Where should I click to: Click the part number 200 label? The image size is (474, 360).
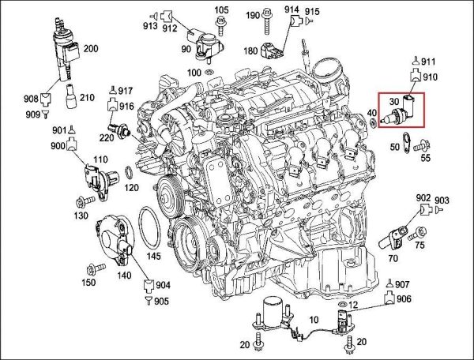91,49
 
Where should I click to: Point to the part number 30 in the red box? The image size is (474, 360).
393,102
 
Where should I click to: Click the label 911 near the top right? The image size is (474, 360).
428,61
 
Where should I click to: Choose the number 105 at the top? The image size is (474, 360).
222,10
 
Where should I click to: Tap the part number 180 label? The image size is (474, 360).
251,51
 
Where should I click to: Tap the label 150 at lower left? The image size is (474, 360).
89,282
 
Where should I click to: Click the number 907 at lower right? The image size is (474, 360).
402,284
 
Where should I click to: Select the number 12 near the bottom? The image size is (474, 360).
353,305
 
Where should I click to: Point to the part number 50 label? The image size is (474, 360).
394,148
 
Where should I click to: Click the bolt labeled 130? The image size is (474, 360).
82,201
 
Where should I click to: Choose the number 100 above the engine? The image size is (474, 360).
194,73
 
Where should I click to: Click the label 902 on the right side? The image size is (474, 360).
423,197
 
